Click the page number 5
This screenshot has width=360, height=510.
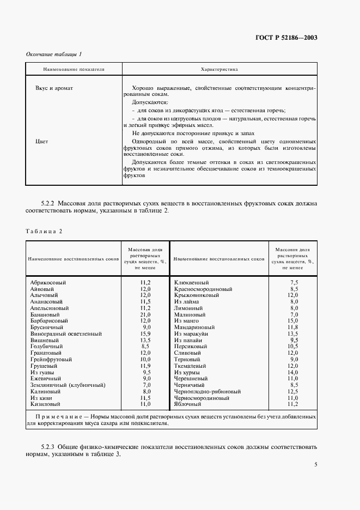click(316, 465)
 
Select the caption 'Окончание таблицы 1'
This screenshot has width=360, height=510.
click(54, 54)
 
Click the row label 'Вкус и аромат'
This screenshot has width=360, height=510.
click(54, 87)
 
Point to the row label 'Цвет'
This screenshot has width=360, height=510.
click(41, 142)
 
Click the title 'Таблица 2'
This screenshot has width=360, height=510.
click(44, 231)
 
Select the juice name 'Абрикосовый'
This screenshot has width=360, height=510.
click(48, 282)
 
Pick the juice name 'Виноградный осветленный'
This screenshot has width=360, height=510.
click(66, 333)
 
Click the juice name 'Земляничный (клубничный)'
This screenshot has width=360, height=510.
click(68, 385)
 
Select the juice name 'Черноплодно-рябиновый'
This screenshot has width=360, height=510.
click(207, 392)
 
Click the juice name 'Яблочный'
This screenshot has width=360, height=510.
click(188, 404)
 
